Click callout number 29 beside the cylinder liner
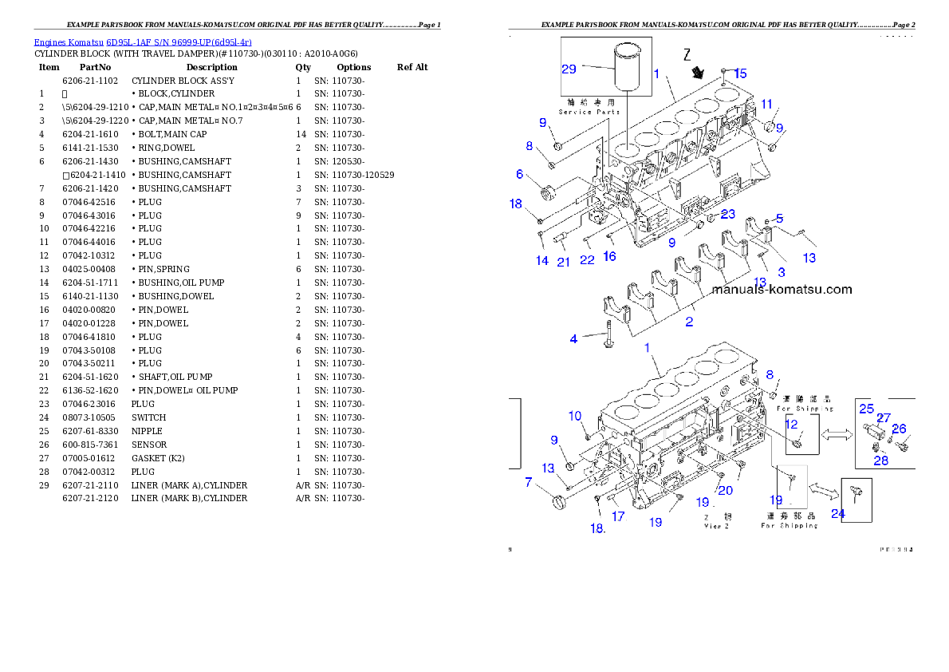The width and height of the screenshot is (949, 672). [569, 69]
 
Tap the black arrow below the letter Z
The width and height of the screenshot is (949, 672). [699, 73]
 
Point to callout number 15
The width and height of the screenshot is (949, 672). [740, 73]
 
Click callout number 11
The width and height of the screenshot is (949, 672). [766, 104]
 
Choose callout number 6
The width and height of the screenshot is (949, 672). [519, 174]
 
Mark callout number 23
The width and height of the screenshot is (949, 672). [727, 214]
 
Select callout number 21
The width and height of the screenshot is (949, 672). [563, 262]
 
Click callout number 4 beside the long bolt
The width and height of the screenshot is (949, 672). [573, 339]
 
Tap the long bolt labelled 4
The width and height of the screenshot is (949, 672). [608, 334]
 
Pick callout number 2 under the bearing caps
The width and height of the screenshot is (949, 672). [689, 322]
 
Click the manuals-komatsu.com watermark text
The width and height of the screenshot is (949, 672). [782, 290]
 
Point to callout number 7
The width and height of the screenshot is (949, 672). [528, 482]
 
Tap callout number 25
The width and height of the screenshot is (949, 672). [867, 409]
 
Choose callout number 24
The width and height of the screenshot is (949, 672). [838, 513]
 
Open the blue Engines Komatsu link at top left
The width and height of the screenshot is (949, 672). [143, 42]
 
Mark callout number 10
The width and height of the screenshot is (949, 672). [575, 416]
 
